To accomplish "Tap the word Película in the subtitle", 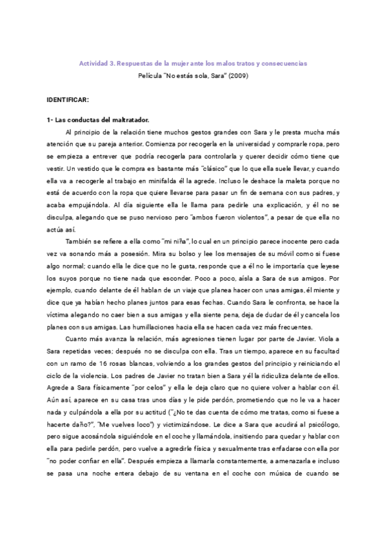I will tap(152, 75).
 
